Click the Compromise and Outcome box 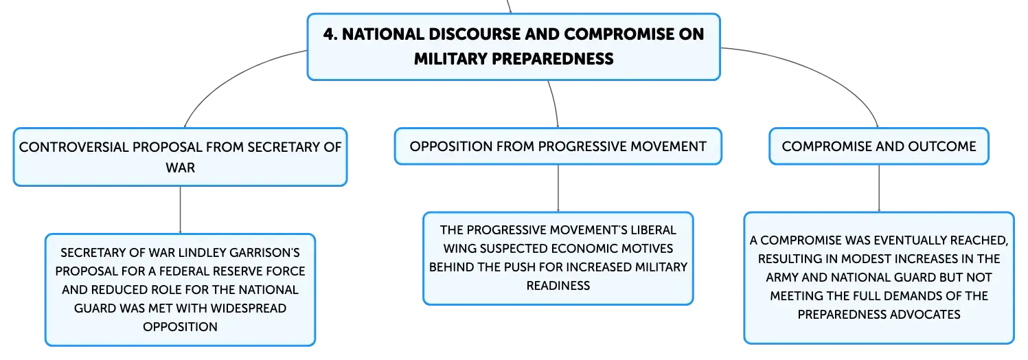coord(879,146)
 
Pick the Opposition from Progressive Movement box coord(558,146)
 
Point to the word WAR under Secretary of coord(181,168)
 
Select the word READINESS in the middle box coord(558,286)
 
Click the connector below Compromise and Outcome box coord(879,188)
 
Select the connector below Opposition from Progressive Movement coord(558,188)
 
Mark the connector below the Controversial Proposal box coord(181,210)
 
